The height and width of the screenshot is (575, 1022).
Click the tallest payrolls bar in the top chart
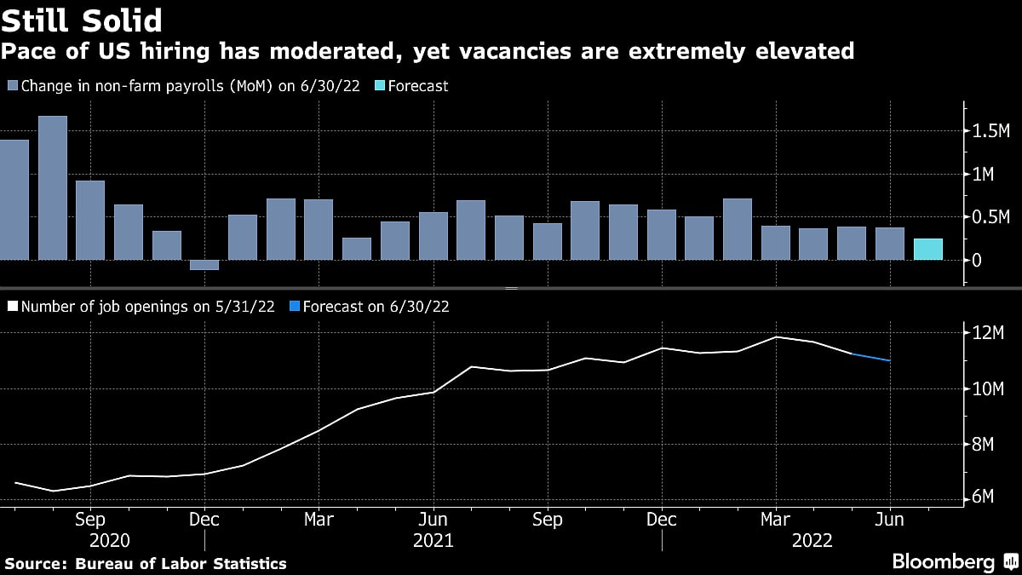[53, 187]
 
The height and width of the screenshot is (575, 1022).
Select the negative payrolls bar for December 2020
[204, 265]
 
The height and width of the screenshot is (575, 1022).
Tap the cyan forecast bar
[927, 249]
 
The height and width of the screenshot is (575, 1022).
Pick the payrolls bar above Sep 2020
[90, 220]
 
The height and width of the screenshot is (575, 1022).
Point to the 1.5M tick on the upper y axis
[990, 131]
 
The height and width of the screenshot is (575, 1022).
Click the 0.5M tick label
[990, 217]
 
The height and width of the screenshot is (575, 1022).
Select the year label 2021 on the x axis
[433, 541]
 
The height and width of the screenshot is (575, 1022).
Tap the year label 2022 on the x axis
[812, 541]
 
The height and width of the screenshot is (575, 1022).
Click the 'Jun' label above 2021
[433, 520]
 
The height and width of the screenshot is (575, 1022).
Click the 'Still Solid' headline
[83, 19]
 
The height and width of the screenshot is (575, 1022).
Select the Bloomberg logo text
[943, 561]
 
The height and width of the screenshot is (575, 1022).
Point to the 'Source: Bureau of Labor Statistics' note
[146, 563]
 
